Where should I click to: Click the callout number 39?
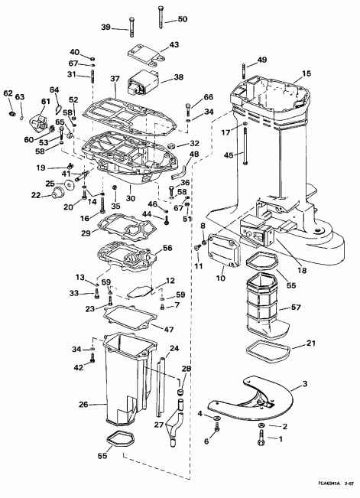point(106,27)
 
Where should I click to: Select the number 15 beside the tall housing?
point(307,73)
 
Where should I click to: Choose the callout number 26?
point(83,404)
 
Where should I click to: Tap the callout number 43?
point(174,45)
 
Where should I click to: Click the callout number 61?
point(46,103)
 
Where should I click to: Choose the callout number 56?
point(167,248)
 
